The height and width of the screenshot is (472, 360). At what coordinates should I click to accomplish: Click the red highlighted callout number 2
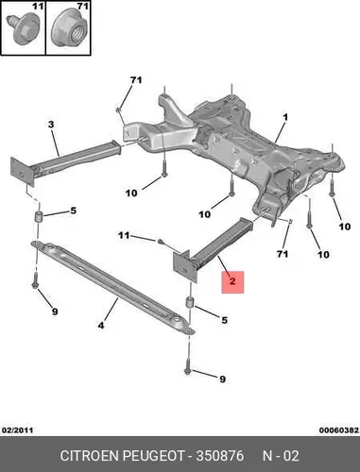pos(232,281)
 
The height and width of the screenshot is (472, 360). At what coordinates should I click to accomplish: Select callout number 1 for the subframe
pos(285,118)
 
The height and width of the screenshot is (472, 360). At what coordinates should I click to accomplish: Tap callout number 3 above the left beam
pos(51,125)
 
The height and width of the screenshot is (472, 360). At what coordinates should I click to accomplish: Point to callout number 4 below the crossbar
pos(101,326)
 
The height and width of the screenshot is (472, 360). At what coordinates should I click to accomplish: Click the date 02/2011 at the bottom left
pos(18,430)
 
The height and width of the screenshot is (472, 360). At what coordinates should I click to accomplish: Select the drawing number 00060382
pos(339,430)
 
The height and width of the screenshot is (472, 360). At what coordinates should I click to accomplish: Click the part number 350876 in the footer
pos(220,455)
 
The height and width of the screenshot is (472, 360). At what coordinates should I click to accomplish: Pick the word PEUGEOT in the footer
pos(153,455)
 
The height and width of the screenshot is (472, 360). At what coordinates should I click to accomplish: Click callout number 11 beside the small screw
pos(124,235)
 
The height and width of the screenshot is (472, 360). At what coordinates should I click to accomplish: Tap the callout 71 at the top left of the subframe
pos(136,80)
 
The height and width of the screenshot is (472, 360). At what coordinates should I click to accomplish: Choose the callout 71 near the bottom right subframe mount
pos(283,254)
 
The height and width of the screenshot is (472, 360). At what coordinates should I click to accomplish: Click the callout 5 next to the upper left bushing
pos(73,211)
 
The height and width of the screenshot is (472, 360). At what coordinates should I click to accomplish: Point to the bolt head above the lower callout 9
pos(188,372)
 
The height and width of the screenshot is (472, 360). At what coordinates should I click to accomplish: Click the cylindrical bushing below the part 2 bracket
pos(190,302)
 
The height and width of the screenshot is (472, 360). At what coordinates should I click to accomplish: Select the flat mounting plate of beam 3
pos(23,172)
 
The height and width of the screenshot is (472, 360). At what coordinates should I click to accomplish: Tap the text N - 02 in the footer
pos(281,455)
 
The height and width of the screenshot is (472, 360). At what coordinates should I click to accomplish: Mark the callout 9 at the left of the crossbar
pos(55,312)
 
